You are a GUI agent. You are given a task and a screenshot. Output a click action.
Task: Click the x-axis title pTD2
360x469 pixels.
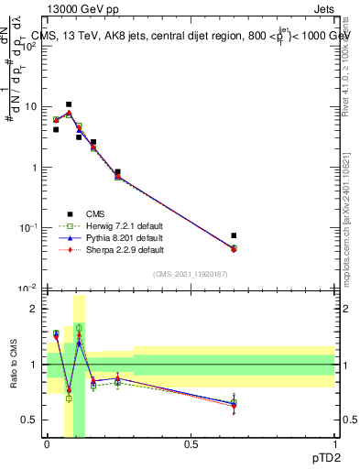(x=336, y=455)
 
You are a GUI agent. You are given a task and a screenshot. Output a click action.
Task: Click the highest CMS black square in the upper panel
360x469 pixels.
(x=69, y=104)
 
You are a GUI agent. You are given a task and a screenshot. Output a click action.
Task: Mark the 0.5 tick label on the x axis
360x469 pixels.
(x=191, y=443)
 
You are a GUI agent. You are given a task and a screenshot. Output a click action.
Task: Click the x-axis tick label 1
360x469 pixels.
(x=334, y=443)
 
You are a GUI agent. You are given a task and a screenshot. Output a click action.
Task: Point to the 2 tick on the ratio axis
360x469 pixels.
(x=36, y=309)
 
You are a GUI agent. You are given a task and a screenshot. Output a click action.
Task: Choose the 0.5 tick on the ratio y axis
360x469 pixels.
(x=33, y=420)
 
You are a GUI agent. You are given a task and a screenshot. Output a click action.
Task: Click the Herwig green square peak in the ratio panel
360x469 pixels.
(x=79, y=327)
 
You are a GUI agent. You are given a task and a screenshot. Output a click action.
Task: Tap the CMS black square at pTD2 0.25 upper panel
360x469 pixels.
(x=117, y=172)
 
